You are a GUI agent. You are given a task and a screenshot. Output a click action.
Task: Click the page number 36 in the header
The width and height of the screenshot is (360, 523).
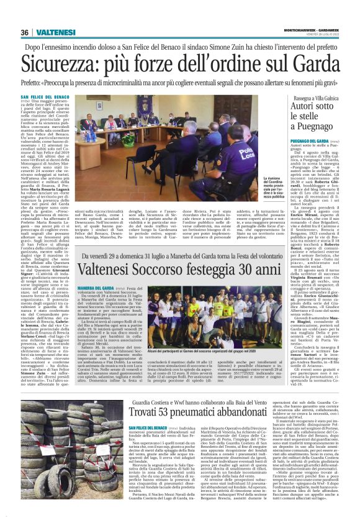pos(25,32)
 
